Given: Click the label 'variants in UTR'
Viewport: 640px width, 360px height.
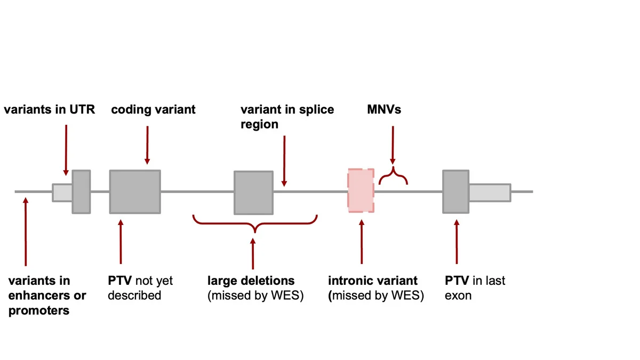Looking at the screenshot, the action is (x=50, y=109).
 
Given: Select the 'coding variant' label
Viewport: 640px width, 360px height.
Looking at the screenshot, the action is (x=153, y=110).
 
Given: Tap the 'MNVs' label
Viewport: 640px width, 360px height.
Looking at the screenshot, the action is (x=384, y=109).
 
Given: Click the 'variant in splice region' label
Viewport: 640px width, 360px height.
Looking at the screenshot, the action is (x=287, y=117).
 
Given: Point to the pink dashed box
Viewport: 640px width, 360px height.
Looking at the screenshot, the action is (x=361, y=190).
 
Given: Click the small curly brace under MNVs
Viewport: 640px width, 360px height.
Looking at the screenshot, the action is (x=393, y=175).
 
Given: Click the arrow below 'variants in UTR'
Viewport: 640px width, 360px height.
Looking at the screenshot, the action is (x=66, y=150).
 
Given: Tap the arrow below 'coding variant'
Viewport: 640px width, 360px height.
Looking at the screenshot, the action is (x=147, y=145).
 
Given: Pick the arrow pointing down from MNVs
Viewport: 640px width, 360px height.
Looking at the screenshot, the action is (x=393, y=145).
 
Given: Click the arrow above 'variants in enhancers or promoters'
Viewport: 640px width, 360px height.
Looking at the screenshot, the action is (x=26, y=231).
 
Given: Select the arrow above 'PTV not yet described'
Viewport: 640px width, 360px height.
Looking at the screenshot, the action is (x=121, y=242).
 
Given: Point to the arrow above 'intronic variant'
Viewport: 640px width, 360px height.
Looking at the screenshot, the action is (x=362, y=242).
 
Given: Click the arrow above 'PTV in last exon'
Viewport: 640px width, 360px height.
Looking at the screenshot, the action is (x=457, y=242).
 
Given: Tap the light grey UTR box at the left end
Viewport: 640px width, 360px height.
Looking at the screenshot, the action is (x=62, y=193).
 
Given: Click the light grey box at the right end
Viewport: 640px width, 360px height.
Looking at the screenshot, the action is (x=490, y=193).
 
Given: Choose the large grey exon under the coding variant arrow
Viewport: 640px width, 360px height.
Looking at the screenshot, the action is (x=135, y=191).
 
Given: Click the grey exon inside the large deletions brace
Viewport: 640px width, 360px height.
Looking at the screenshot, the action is (x=254, y=193).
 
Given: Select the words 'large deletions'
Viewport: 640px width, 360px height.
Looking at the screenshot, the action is (x=251, y=281).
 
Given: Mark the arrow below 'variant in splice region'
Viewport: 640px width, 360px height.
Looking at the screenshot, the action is (x=284, y=161).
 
